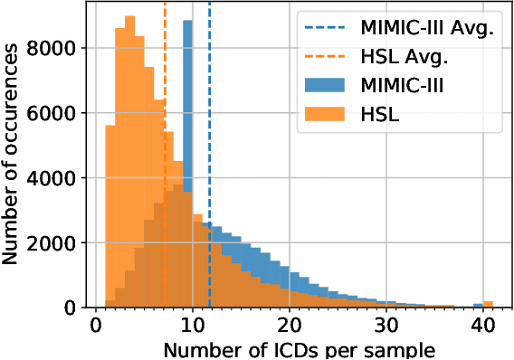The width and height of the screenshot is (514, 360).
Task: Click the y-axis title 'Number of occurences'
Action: click(13, 155)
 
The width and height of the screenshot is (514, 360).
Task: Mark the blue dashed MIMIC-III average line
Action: click(210, 136)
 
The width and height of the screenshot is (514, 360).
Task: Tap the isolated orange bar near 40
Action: click(488, 304)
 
